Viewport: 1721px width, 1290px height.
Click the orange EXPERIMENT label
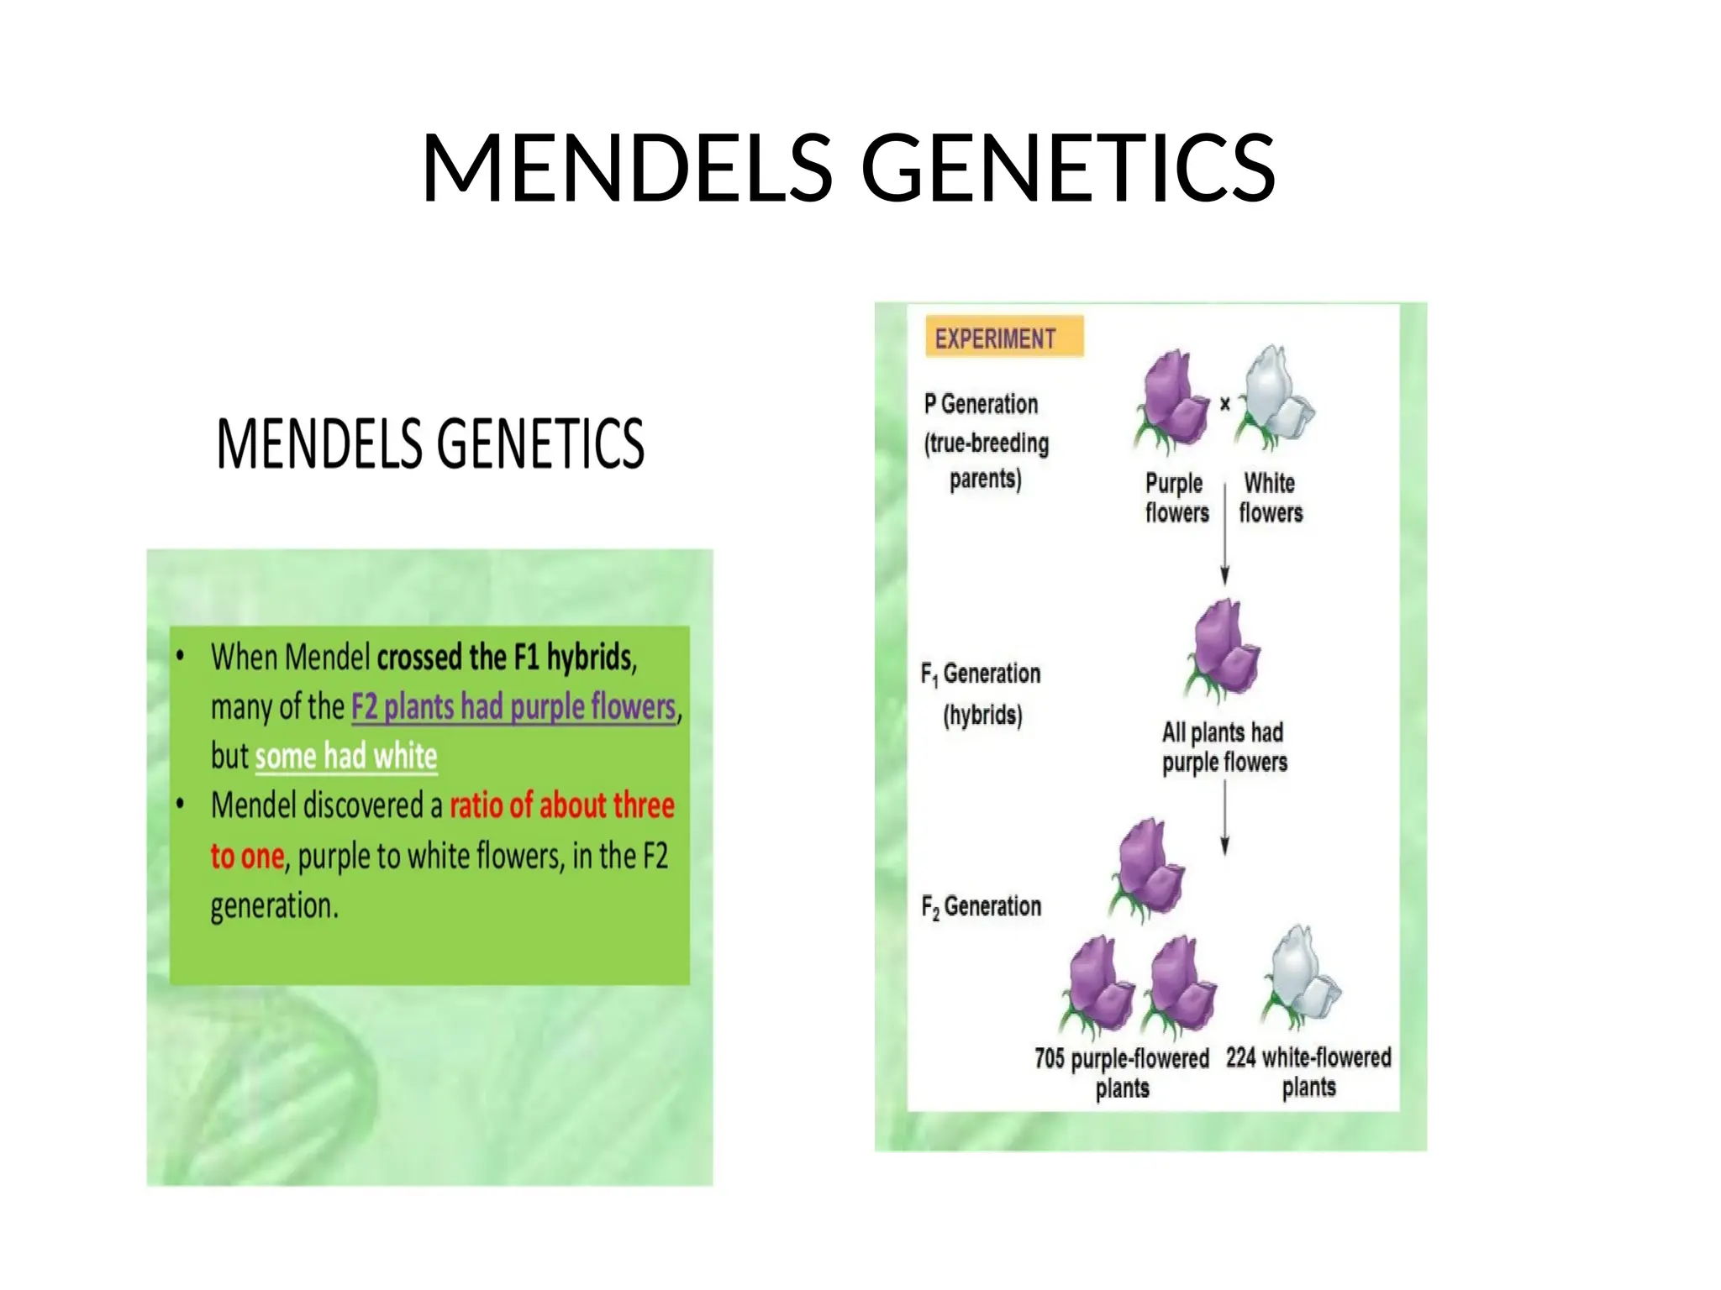1003,338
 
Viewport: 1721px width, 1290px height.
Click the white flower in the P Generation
1275,396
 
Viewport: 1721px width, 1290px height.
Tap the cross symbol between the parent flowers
1225,404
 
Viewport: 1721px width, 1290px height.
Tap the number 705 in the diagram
1050,1058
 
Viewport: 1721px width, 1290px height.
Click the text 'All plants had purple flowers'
1224,747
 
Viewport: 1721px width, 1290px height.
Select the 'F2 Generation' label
981,906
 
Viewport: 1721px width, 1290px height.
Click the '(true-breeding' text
987,443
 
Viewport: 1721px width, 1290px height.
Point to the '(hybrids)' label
982,715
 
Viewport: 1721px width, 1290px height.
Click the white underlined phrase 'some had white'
345,756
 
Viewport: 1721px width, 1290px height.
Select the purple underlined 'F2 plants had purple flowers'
513,706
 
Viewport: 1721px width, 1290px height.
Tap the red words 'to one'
247,856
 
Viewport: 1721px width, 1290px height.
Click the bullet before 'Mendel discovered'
180,805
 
